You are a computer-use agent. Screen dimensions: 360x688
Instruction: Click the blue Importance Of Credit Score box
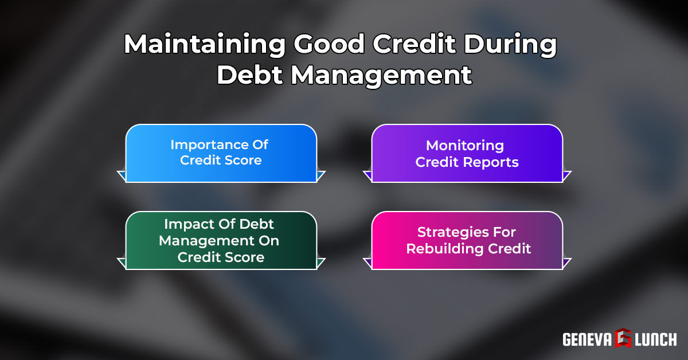221,153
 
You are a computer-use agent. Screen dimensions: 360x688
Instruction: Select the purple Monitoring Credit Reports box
467,153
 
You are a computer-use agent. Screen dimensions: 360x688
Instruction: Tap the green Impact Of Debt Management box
221,240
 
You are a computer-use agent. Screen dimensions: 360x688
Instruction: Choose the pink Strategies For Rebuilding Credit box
467,240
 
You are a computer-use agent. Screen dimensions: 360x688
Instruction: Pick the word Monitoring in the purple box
465,146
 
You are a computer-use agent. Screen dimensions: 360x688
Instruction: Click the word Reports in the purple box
491,162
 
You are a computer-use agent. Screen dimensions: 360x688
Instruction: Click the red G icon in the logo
623,339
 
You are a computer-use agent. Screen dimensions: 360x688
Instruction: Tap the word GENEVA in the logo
587,339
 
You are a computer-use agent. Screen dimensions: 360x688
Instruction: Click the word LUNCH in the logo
655,339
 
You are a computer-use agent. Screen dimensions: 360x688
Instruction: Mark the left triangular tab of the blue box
121,175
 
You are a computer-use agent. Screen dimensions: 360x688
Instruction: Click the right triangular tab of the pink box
566,262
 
